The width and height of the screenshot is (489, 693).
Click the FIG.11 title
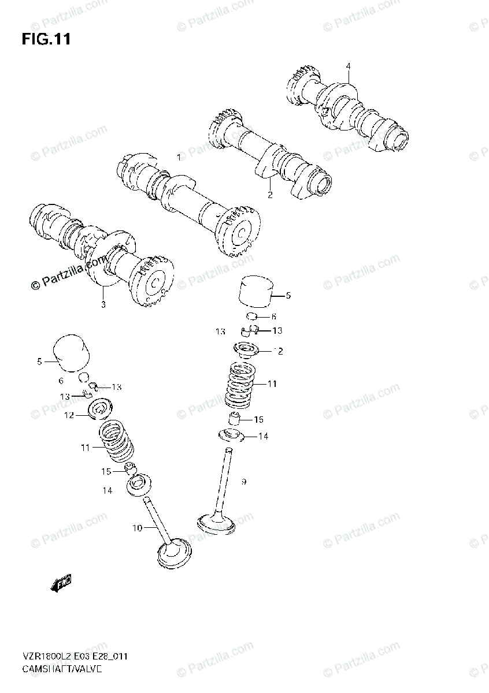tap(46, 39)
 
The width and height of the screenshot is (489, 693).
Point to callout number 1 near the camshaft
tap(179, 157)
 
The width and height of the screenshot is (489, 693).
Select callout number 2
tap(269, 195)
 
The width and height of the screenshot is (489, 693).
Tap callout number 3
tap(348, 66)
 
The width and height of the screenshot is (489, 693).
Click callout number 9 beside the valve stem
tap(244, 481)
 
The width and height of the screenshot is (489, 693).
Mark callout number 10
tap(136, 527)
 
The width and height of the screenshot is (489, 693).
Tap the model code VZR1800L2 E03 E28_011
tap(75, 656)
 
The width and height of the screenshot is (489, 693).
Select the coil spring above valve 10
tap(117, 442)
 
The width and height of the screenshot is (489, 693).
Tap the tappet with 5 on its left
tap(71, 353)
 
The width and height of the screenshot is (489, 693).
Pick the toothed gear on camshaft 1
tap(238, 229)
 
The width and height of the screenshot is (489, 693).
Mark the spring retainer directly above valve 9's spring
tap(246, 350)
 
